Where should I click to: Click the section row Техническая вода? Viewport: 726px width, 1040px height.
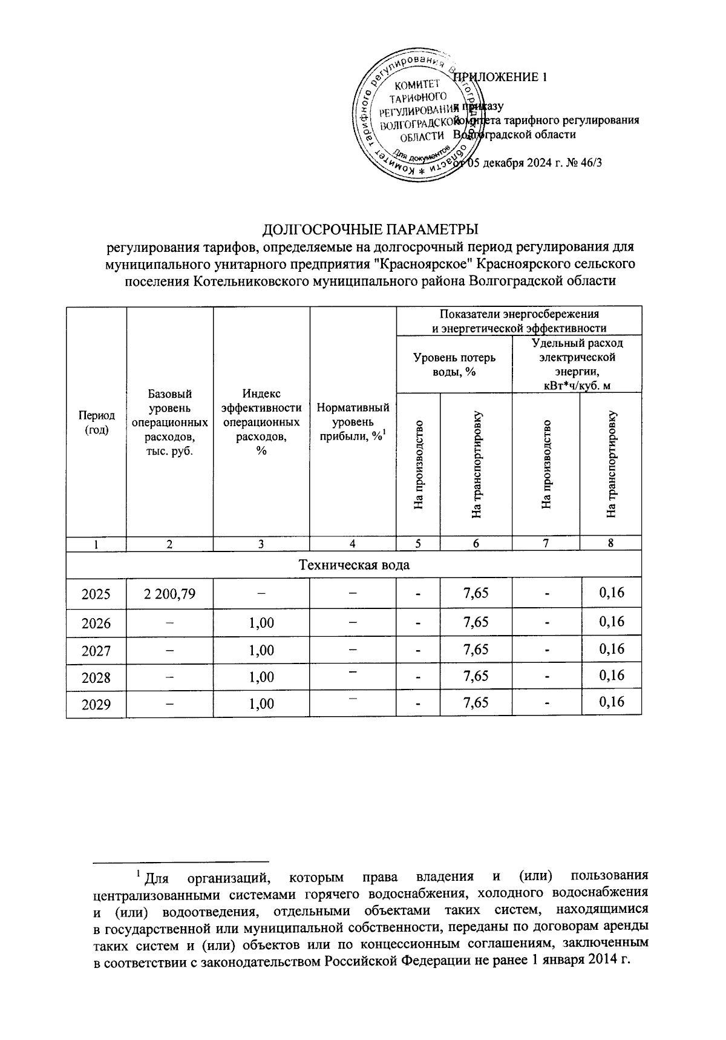[354, 565]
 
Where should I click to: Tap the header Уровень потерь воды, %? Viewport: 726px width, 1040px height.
[454, 364]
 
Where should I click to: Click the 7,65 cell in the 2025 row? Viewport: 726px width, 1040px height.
[476, 593]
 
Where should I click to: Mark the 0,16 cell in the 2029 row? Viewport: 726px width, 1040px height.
[611, 702]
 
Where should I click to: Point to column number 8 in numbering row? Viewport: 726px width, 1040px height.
[611, 543]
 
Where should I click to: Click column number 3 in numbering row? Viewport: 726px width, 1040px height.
[261, 544]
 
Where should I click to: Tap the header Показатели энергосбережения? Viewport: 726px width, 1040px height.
[518, 321]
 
